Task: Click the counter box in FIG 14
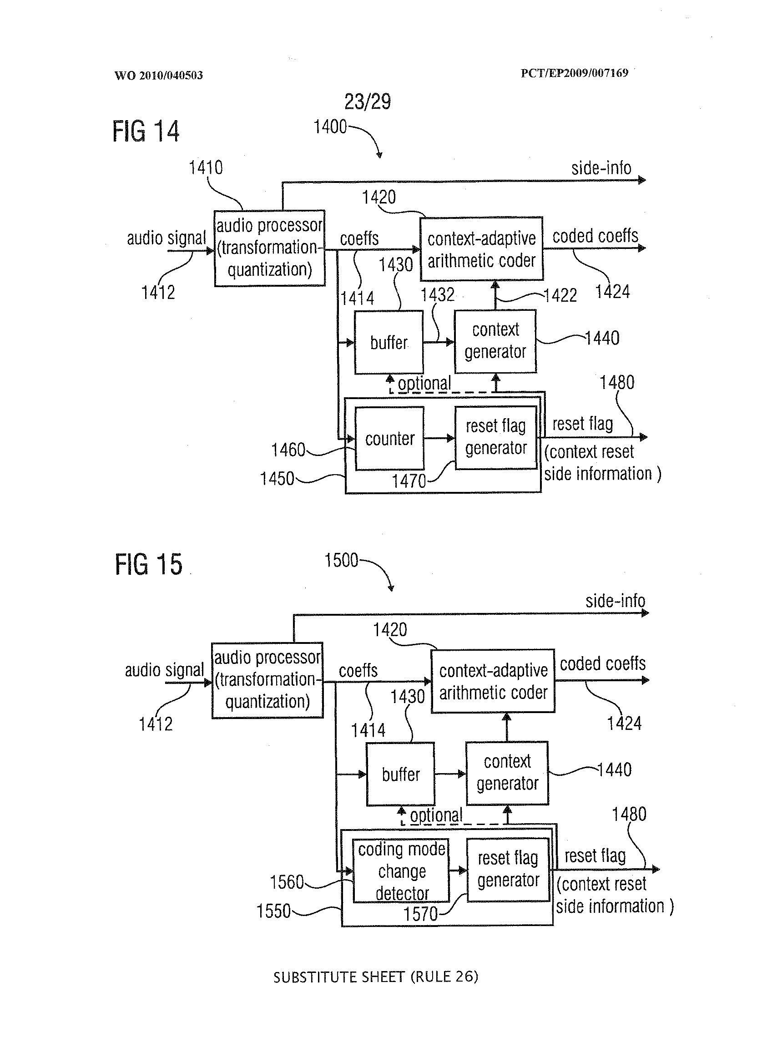coord(389,438)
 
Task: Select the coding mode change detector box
coord(401,871)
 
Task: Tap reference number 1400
coord(330,127)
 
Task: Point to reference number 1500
coord(341,560)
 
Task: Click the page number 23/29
coord(367,101)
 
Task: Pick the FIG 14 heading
coord(146,131)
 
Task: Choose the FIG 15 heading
coord(148,564)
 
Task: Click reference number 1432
coord(437,295)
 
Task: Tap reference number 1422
coord(561,295)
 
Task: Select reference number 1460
coord(288,450)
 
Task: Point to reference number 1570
coord(420,914)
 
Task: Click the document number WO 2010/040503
coord(158,76)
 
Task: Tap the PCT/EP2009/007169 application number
coord(574,73)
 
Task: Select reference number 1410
coord(206,167)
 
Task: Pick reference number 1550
coord(273,911)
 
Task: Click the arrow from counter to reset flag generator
coord(439,438)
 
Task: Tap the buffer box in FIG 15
coord(400,774)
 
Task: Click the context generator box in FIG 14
coord(495,341)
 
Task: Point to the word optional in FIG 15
coord(436,815)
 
